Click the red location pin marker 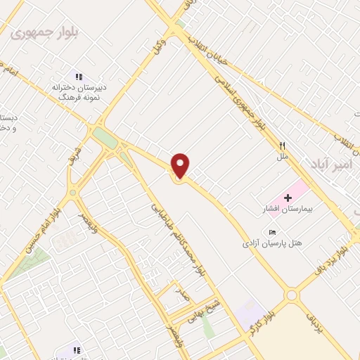pos(181,165)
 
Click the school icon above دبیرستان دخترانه pos(79,77)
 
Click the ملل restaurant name pos(283,156)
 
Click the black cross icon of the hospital pos(288,198)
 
